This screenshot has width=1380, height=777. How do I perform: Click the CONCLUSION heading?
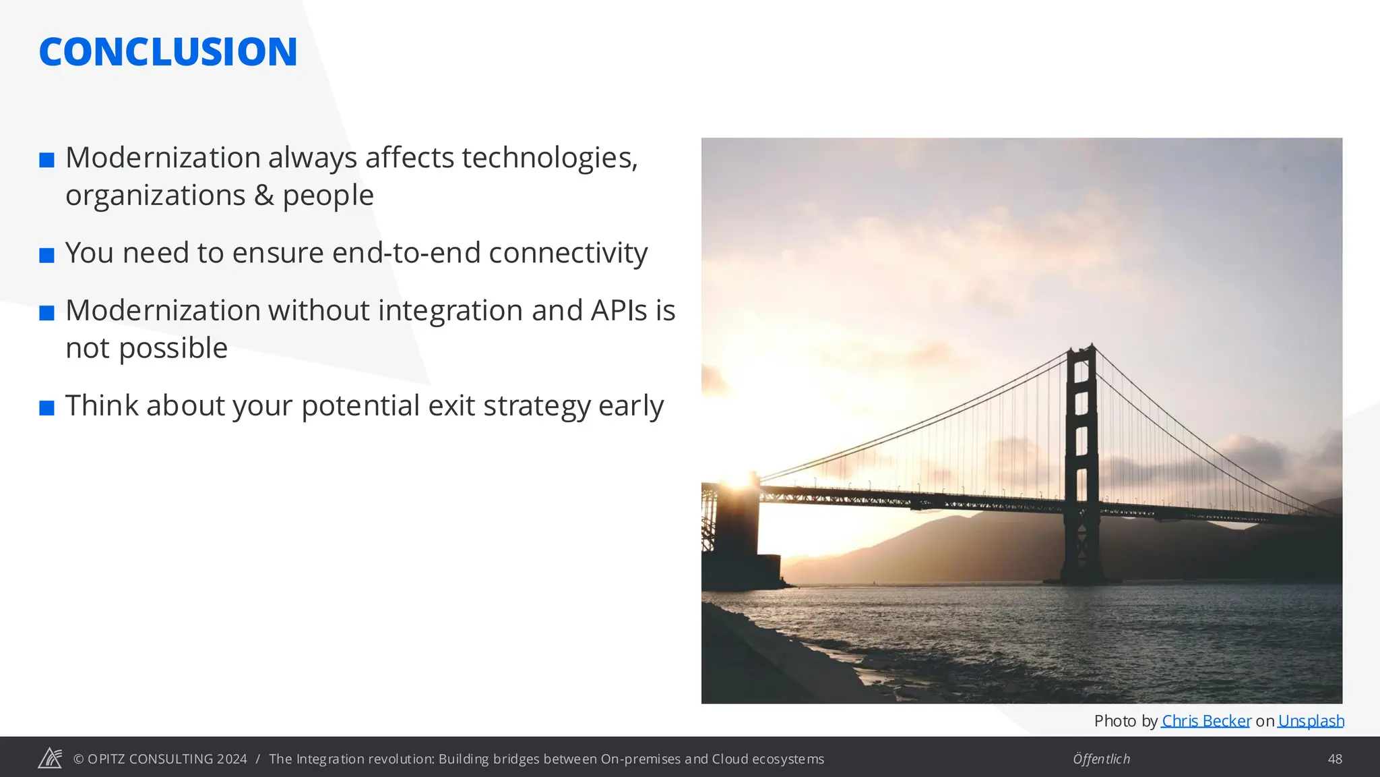point(168,52)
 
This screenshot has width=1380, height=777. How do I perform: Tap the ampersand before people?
point(263,196)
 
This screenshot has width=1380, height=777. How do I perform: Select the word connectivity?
point(567,253)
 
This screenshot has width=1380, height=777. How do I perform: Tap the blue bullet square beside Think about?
point(46,408)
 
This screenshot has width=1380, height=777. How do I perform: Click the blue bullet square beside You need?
point(46,256)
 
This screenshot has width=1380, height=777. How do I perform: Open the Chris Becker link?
point(1205,721)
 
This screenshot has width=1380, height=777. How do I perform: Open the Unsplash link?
point(1311,721)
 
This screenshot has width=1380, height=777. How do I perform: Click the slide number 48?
point(1334,759)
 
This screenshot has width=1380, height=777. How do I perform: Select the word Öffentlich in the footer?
point(1101,759)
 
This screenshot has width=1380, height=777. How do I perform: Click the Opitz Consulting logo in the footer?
point(50,758)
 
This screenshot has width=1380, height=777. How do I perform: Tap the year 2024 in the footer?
point(232,759)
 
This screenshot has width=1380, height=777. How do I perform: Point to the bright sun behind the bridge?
point(738,480)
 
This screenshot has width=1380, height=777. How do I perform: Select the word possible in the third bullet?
point(173,349)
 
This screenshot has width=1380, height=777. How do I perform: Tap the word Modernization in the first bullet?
point(163,158)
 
